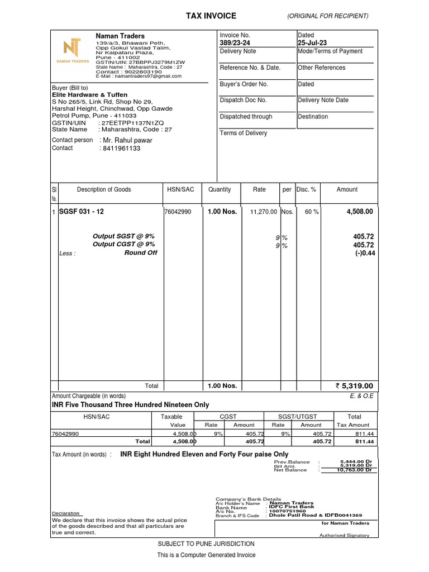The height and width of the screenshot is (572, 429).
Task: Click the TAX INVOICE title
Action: point(211,16)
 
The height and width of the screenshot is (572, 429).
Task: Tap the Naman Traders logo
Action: point(72,50)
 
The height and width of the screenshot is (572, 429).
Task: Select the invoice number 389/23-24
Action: point(235,43)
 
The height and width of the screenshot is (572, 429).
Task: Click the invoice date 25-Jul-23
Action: point(312,43)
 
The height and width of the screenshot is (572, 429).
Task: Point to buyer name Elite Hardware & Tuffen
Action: point(89,95)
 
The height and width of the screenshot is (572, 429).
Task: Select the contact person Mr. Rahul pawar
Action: point(126,140)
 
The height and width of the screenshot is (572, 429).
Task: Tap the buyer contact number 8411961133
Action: point(120,149)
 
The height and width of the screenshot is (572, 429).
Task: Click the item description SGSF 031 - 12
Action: point(82,212)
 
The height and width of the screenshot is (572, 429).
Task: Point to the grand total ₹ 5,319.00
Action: point(354,385)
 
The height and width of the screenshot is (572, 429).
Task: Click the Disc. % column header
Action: point(306,189)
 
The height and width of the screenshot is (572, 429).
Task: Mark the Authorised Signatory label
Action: point(344,535)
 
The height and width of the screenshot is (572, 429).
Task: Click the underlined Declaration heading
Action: point(66,513)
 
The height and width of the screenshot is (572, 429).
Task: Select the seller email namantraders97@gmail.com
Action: point(139,76)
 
